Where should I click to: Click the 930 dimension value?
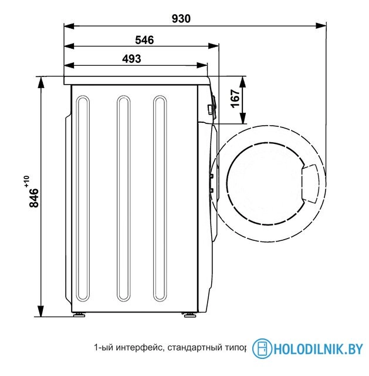(181, 19)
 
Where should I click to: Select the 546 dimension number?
(144, 40)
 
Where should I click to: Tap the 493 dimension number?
(131, 59)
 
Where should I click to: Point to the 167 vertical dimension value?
(236, 99)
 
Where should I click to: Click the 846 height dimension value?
(34, 198)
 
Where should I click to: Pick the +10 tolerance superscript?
(26, 182)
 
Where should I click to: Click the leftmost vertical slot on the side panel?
(83, 199)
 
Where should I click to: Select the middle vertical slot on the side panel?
(124, 199)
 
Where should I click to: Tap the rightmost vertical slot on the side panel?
(160, 199)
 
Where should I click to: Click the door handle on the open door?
(310, 184)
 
